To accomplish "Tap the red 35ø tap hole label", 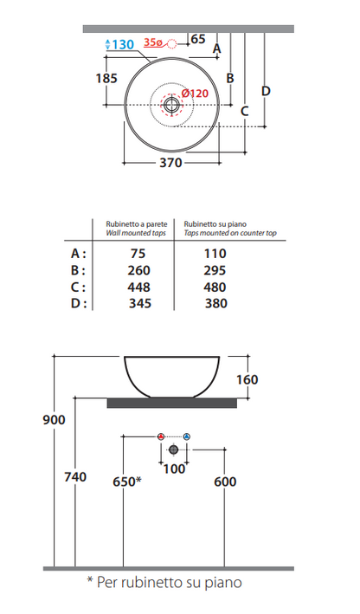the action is tap(152, 42).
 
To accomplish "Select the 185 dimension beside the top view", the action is tap(106, 78).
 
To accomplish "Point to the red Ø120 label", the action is tap(195, 94).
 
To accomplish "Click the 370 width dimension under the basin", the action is tap(171, 163).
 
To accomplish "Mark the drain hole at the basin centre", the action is tap(171, 105).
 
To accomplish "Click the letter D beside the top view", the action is tap(266, 91).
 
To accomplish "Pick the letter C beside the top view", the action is tap(245, 111).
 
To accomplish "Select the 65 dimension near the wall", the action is tap(198, 39).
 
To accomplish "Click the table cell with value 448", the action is tap(139, 287).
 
